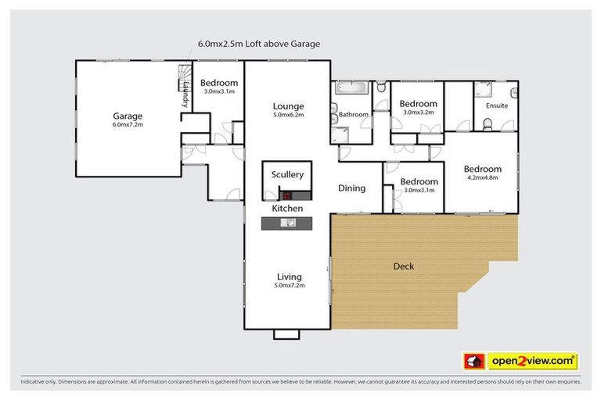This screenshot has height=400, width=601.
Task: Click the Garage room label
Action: tap(128, 116)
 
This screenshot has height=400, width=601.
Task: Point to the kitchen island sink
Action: tap(288, 223)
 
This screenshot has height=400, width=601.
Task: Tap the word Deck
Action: tap(403, 266)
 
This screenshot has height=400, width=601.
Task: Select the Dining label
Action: tap(351, 187)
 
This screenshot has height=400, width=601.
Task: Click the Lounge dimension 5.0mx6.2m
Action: tap(288, 115)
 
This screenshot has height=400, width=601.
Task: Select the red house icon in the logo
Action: tap(474, 361)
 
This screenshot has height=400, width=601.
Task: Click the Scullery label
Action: tap(287, 175)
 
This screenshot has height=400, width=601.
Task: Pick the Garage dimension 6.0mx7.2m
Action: tap(128, 124)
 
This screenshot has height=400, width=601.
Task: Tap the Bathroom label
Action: tap(354, 115)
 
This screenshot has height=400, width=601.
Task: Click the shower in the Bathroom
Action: tap(341, 134)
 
